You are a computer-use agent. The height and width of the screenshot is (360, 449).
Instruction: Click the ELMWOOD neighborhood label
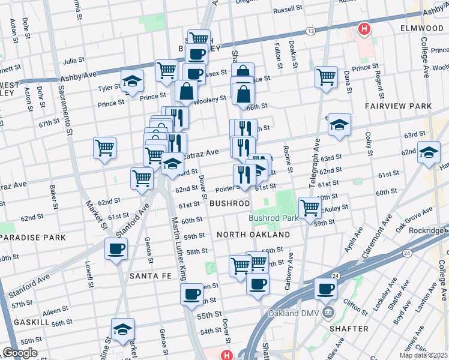[x=420, y=28]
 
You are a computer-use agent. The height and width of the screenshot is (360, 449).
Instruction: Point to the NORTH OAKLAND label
[x=253, y=235]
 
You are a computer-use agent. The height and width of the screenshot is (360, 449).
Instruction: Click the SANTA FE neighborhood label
[x=151, y=276]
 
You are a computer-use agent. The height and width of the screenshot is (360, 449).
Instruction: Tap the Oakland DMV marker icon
[x=328, y=312]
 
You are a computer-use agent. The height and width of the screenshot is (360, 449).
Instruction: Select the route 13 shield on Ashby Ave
[x=310, y=31]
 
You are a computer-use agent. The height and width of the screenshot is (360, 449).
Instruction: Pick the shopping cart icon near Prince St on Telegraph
[x=326, y=77]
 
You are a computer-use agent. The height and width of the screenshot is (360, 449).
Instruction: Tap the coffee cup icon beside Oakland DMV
[x=325, y=289]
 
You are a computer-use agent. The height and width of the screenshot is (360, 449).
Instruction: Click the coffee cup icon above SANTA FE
[x=116, y=248]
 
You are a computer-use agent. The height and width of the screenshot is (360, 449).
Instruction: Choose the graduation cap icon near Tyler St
[x=132, y=81]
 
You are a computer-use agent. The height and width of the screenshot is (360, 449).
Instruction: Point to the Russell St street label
[x=288, y=10]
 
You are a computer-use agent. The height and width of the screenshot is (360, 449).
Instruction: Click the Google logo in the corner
[x=20, y=353]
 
